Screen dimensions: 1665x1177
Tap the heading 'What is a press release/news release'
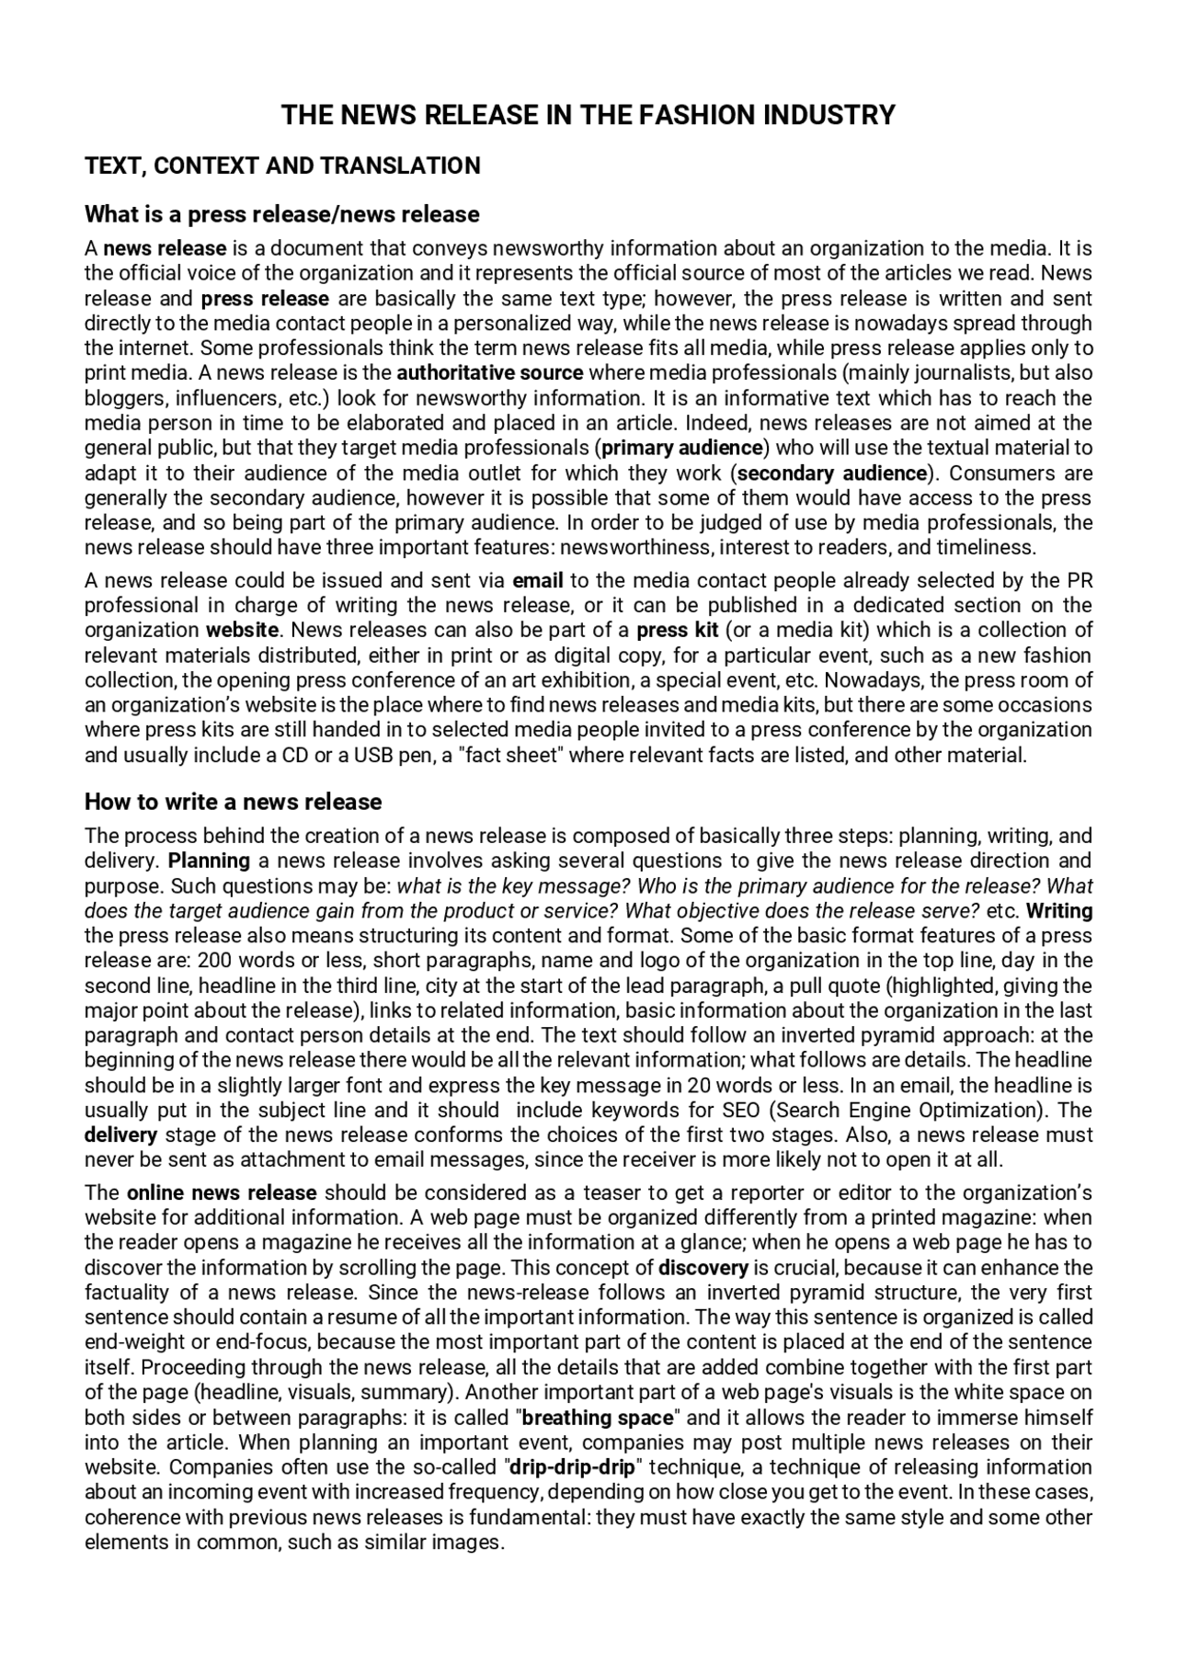pyautogui.click(x=282, y=214)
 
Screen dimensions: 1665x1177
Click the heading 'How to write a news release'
pyautogui.click(x=233, y=802)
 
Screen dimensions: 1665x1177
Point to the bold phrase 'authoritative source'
pyautogui.click(x=490, y=373)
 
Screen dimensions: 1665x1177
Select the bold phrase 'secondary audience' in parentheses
pyautogui.click(x=832, y=473)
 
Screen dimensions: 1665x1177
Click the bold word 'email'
pyautogui.click(x=538, y=581)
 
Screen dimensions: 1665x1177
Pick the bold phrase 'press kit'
pyautogui.click(x=677, y=631)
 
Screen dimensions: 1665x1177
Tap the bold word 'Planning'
pyautogui.click(x=209, y=861)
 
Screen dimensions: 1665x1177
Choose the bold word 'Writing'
pyautogui.click(x=1059, y=911)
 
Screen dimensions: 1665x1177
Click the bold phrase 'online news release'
pyautogui.click(x=222, y=1193)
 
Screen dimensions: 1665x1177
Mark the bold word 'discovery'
pyautogui.click(x=703, y=1269)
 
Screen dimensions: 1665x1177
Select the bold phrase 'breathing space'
pyautogui.click(x=598, y=1418)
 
